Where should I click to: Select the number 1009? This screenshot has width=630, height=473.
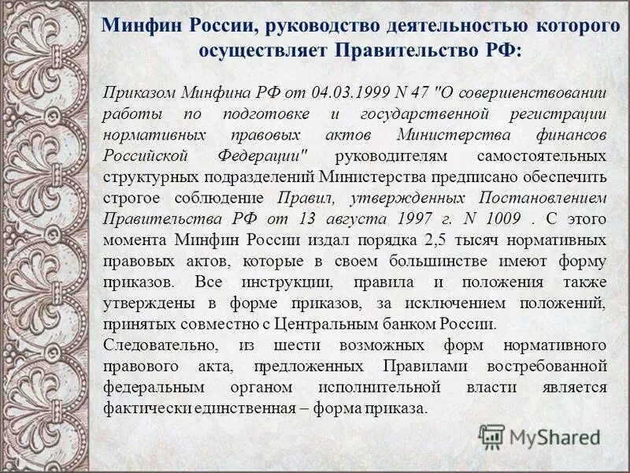click(490, 218)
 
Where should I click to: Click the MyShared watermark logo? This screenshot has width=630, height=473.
click(539, 436)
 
